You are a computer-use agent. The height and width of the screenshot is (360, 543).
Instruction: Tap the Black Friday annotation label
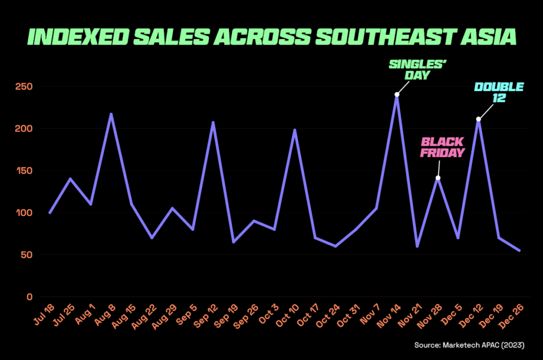point(442,147)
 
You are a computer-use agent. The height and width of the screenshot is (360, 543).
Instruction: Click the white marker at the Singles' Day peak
point(397,94)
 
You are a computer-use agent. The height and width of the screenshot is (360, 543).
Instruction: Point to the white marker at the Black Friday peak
point(437,178)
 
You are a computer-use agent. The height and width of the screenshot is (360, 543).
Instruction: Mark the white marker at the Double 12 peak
point(479,119)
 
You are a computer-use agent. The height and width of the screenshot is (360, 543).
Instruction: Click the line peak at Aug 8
point(111,114)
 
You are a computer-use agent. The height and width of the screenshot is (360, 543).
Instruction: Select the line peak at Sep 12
point(213,122)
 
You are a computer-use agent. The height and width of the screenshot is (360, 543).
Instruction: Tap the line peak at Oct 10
point(295,130)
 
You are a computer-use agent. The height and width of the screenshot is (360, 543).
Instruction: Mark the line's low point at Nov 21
point(417,246)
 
